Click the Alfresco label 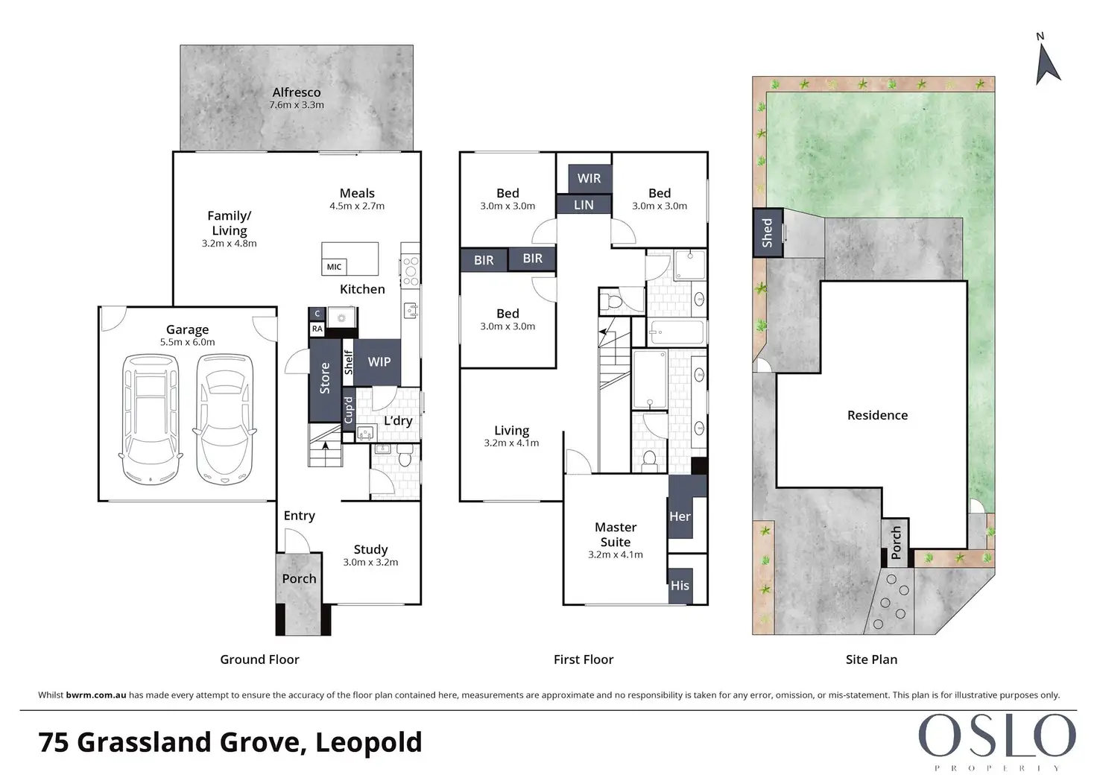(297, 92)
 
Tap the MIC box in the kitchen (334, 267)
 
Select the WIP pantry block (377, 362)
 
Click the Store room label (325, 378)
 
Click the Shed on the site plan (768, 232)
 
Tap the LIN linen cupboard (584, 205)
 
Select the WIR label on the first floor (589, 178)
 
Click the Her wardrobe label (680, 516)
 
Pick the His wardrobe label (680, 585)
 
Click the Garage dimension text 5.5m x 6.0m (188, 342)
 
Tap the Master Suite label (616, 534)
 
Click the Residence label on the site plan (878, 415)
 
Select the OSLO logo (997, 742)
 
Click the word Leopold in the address (369, 741)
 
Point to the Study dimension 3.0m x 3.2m (370, 563)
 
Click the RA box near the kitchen (317, 329)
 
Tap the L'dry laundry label (398, 420)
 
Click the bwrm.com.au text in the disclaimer (96, 695)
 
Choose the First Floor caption (584, 659)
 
